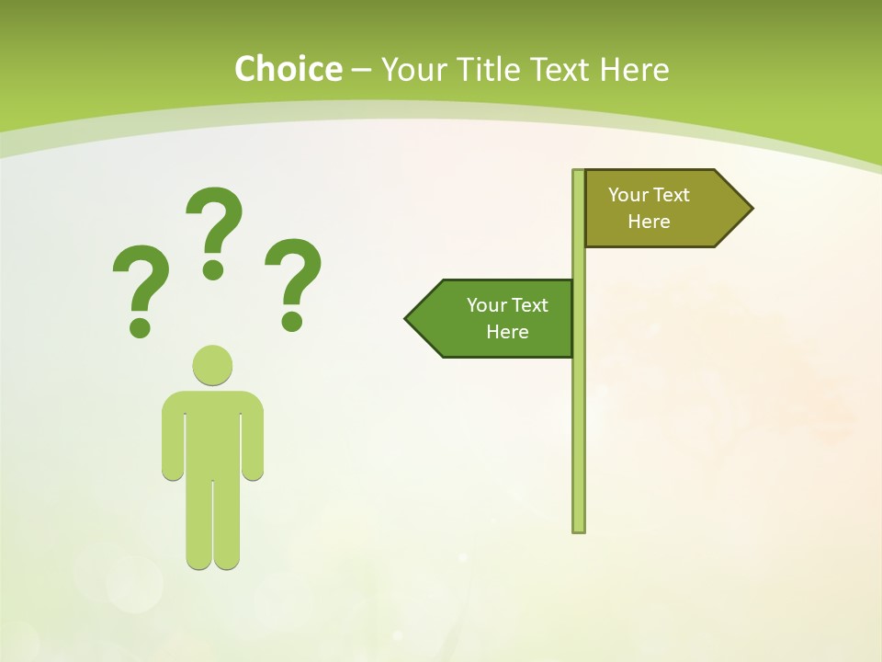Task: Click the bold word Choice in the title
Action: (288, 69)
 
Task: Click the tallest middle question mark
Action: (214, 225)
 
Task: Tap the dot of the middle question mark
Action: (213, 269)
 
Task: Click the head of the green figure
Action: (212, 365)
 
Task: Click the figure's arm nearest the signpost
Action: (253, 441)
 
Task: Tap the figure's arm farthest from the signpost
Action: (173, 441)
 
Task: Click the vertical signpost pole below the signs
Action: (579, 441)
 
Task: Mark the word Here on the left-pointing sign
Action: (507, 332)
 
